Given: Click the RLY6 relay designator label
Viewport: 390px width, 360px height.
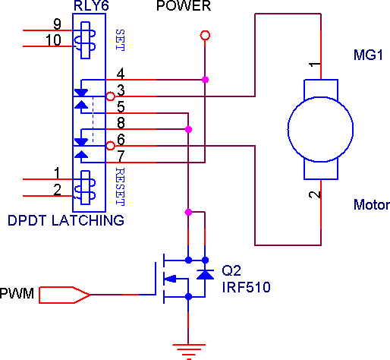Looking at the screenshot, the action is click(91, 5).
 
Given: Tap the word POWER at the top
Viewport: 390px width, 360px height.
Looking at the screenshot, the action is click(184, 5).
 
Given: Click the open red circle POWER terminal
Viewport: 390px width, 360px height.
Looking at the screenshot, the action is click(205, 35).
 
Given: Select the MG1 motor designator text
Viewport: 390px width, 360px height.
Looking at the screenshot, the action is click(368, 55).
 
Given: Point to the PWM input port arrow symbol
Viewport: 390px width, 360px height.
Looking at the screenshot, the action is click(64, 295).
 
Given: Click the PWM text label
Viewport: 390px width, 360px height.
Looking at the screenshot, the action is click(17, 294).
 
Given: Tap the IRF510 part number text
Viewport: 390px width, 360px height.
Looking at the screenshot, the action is click(246, 287).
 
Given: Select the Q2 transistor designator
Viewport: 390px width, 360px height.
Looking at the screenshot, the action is click(231, 270).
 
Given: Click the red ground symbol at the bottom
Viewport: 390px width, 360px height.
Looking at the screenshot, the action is click(188, 351).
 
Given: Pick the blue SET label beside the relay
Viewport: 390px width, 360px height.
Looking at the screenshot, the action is click(120, 40).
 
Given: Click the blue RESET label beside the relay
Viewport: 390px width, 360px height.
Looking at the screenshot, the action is click(120, 187).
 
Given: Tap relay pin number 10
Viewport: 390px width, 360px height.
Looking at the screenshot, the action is click(53, 40).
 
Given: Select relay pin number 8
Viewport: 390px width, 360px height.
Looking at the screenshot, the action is click(121, 123).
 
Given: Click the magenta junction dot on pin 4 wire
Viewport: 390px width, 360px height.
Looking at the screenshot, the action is click(205, 80).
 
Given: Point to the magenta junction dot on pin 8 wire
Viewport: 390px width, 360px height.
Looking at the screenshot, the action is click(188, 129).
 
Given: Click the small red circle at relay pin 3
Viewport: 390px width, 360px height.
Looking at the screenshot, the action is click(110, 96).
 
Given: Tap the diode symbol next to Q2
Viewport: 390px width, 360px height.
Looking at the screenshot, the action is click(205, 274).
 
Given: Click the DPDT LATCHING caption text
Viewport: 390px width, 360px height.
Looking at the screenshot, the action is click(66, 220).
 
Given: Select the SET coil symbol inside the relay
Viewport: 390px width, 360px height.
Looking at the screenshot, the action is click(85, 40).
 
